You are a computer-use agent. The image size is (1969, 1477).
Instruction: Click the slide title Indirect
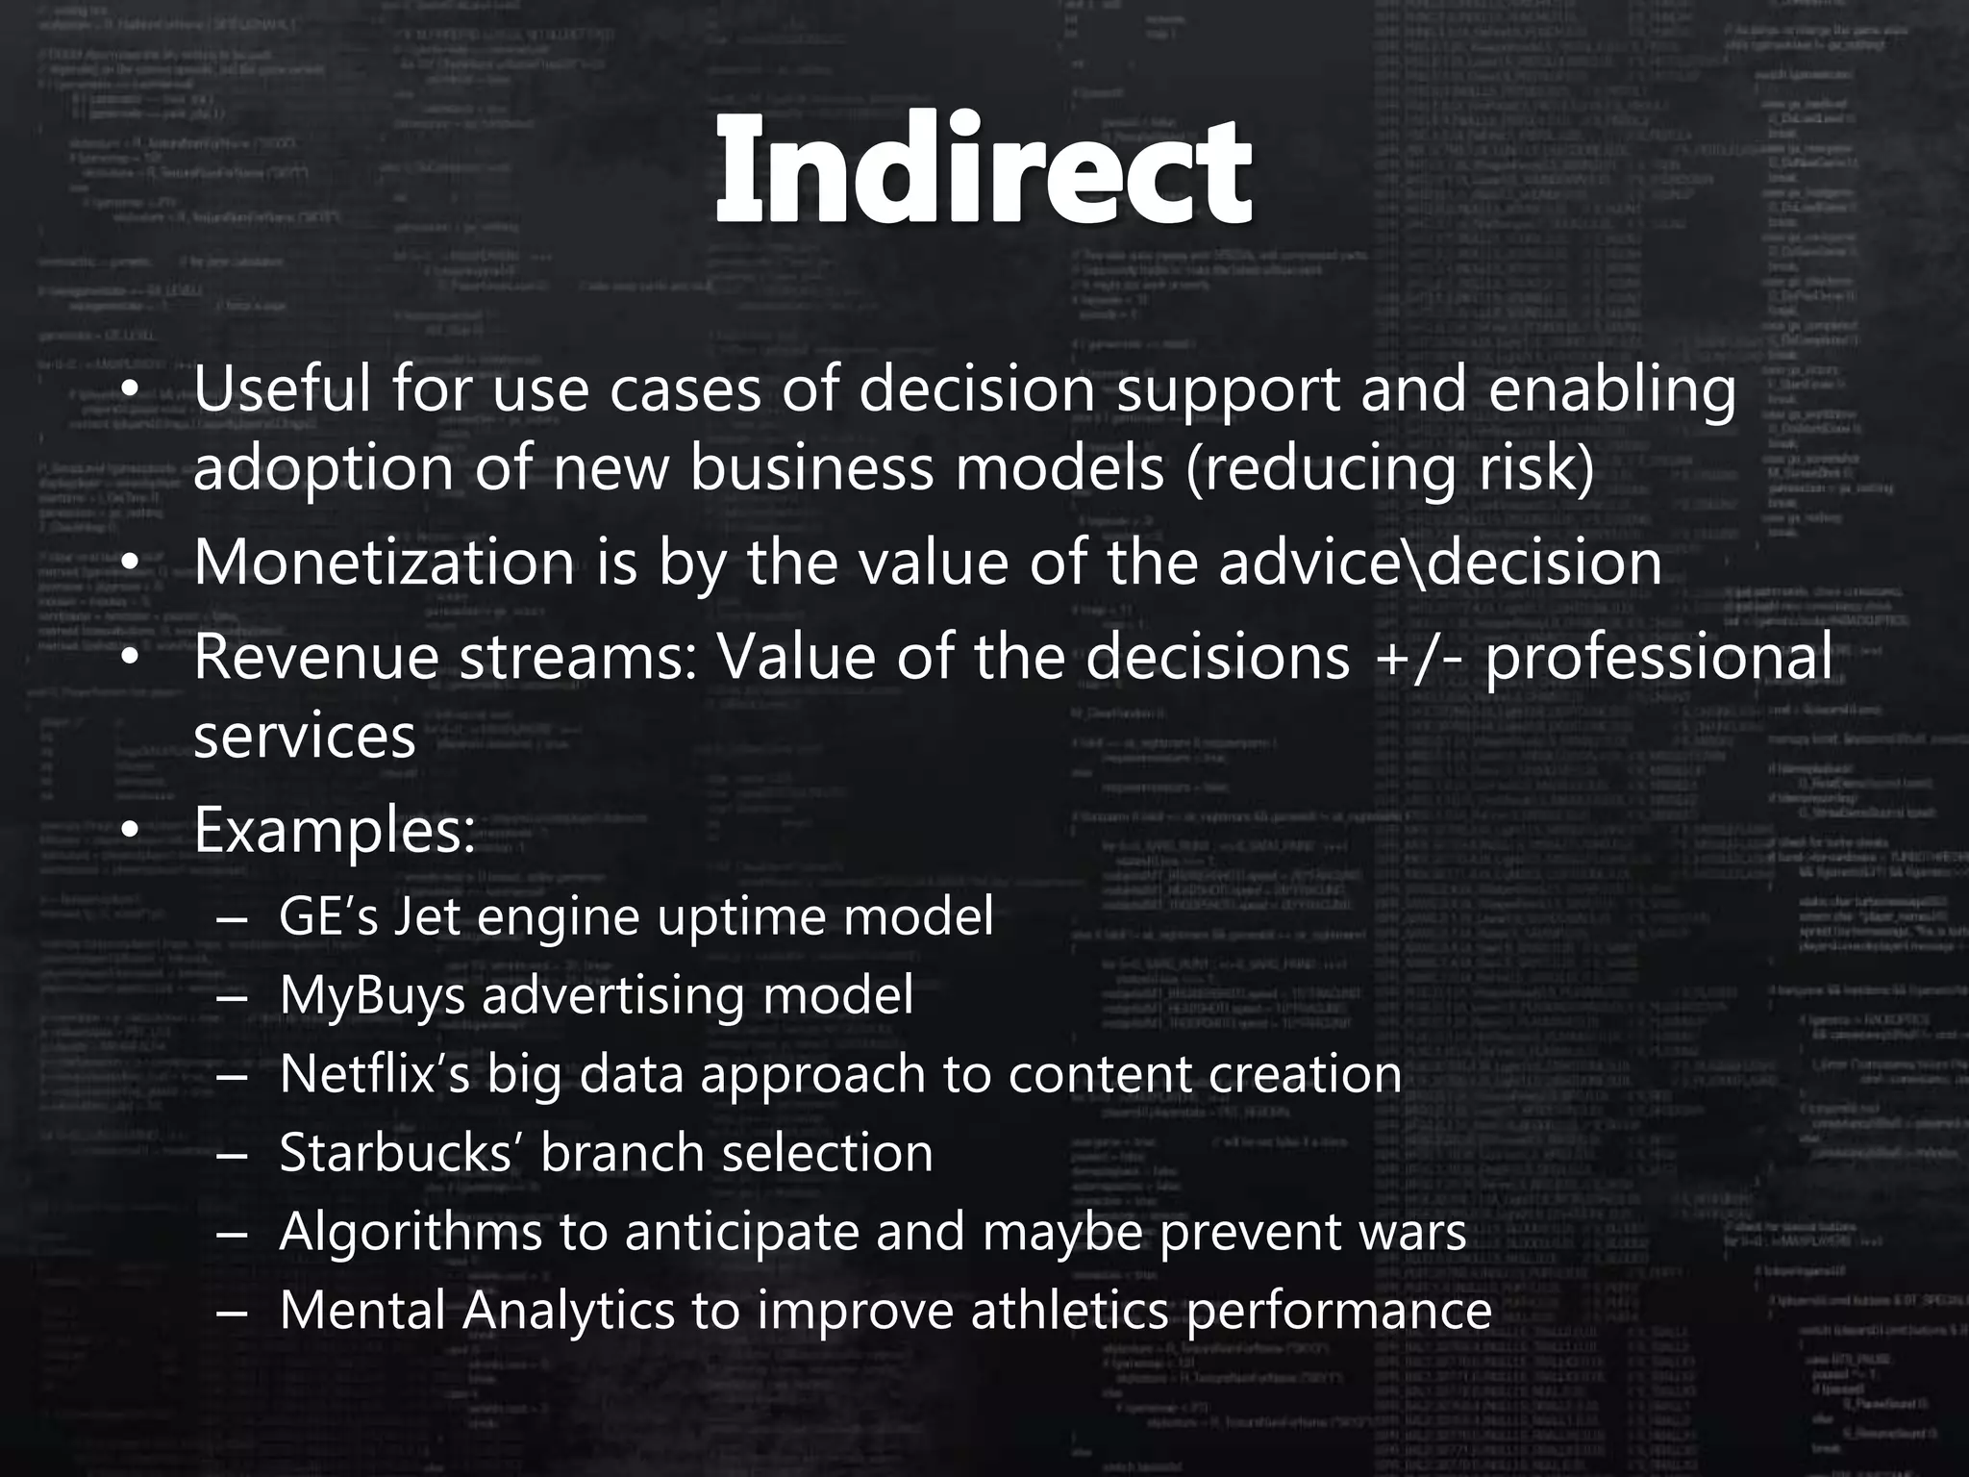[x=984, y=171]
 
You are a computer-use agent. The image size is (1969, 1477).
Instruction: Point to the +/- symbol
[x=1417, y=659]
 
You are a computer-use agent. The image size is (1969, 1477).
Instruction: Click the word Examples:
[x=335, y=831]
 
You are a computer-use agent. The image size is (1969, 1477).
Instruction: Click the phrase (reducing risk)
[x=1389, y=469]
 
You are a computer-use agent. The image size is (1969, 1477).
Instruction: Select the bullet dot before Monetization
[x=131, y=564]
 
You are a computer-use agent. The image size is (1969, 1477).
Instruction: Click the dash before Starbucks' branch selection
[x=232, y=1154]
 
